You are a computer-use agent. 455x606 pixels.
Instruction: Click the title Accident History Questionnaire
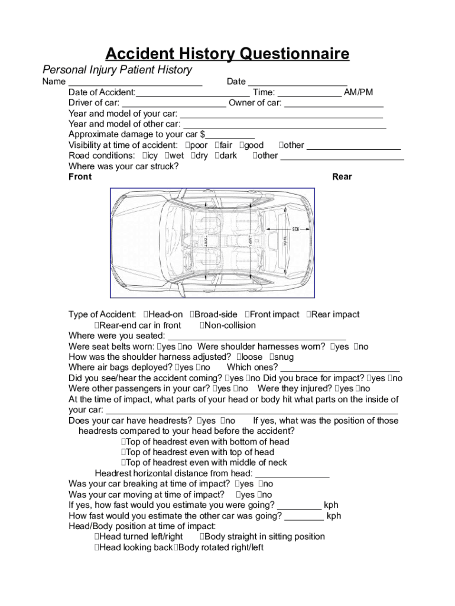(227, 54)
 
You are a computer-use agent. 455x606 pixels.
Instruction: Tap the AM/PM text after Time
(358, 92)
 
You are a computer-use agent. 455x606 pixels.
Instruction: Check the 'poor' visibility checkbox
(187, 146)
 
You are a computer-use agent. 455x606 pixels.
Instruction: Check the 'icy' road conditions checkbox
(145, 156)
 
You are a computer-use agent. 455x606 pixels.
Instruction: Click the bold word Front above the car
(80, 177)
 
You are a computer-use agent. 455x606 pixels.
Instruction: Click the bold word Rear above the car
(342, 177)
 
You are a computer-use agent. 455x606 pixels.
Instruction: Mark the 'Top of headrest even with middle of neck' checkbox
(124, 463)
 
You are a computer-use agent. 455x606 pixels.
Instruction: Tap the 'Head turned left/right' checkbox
(97, 537)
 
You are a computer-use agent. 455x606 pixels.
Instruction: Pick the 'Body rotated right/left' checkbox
(175, 548)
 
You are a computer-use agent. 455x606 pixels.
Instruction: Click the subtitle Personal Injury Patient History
(117, 70)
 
